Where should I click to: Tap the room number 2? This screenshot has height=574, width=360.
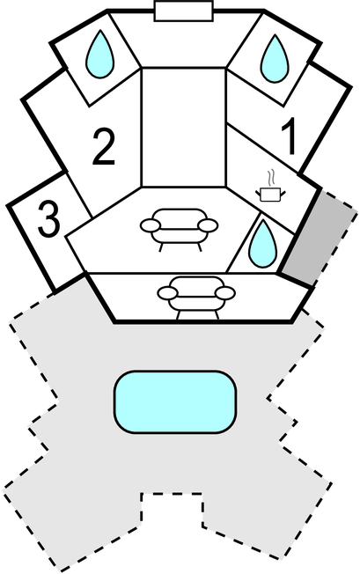coord(104,146)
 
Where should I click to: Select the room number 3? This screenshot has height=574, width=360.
coord(48,219)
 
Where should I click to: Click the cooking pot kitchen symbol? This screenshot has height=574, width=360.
coord(270,194)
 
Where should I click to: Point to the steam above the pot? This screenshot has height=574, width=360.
coord(270,178)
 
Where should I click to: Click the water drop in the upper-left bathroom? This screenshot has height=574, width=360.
coord(99,55)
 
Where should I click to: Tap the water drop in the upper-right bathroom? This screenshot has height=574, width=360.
coord(275,59)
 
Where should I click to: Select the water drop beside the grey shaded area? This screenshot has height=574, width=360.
coord(262,244)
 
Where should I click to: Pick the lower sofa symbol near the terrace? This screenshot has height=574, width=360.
coord(196,298)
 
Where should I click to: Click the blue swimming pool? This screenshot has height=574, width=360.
coord(175,402)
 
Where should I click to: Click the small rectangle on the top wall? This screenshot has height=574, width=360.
coord(184,11)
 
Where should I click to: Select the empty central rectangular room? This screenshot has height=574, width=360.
coord(184,127)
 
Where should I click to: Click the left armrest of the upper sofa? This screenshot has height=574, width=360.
coord(150,225)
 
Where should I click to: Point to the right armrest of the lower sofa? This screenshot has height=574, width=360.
coord(225,293)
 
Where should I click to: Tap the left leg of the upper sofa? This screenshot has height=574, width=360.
coord(160,247)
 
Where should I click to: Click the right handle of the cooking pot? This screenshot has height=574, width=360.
coord(283,192)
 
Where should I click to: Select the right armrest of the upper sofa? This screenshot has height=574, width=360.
coord(209,225)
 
